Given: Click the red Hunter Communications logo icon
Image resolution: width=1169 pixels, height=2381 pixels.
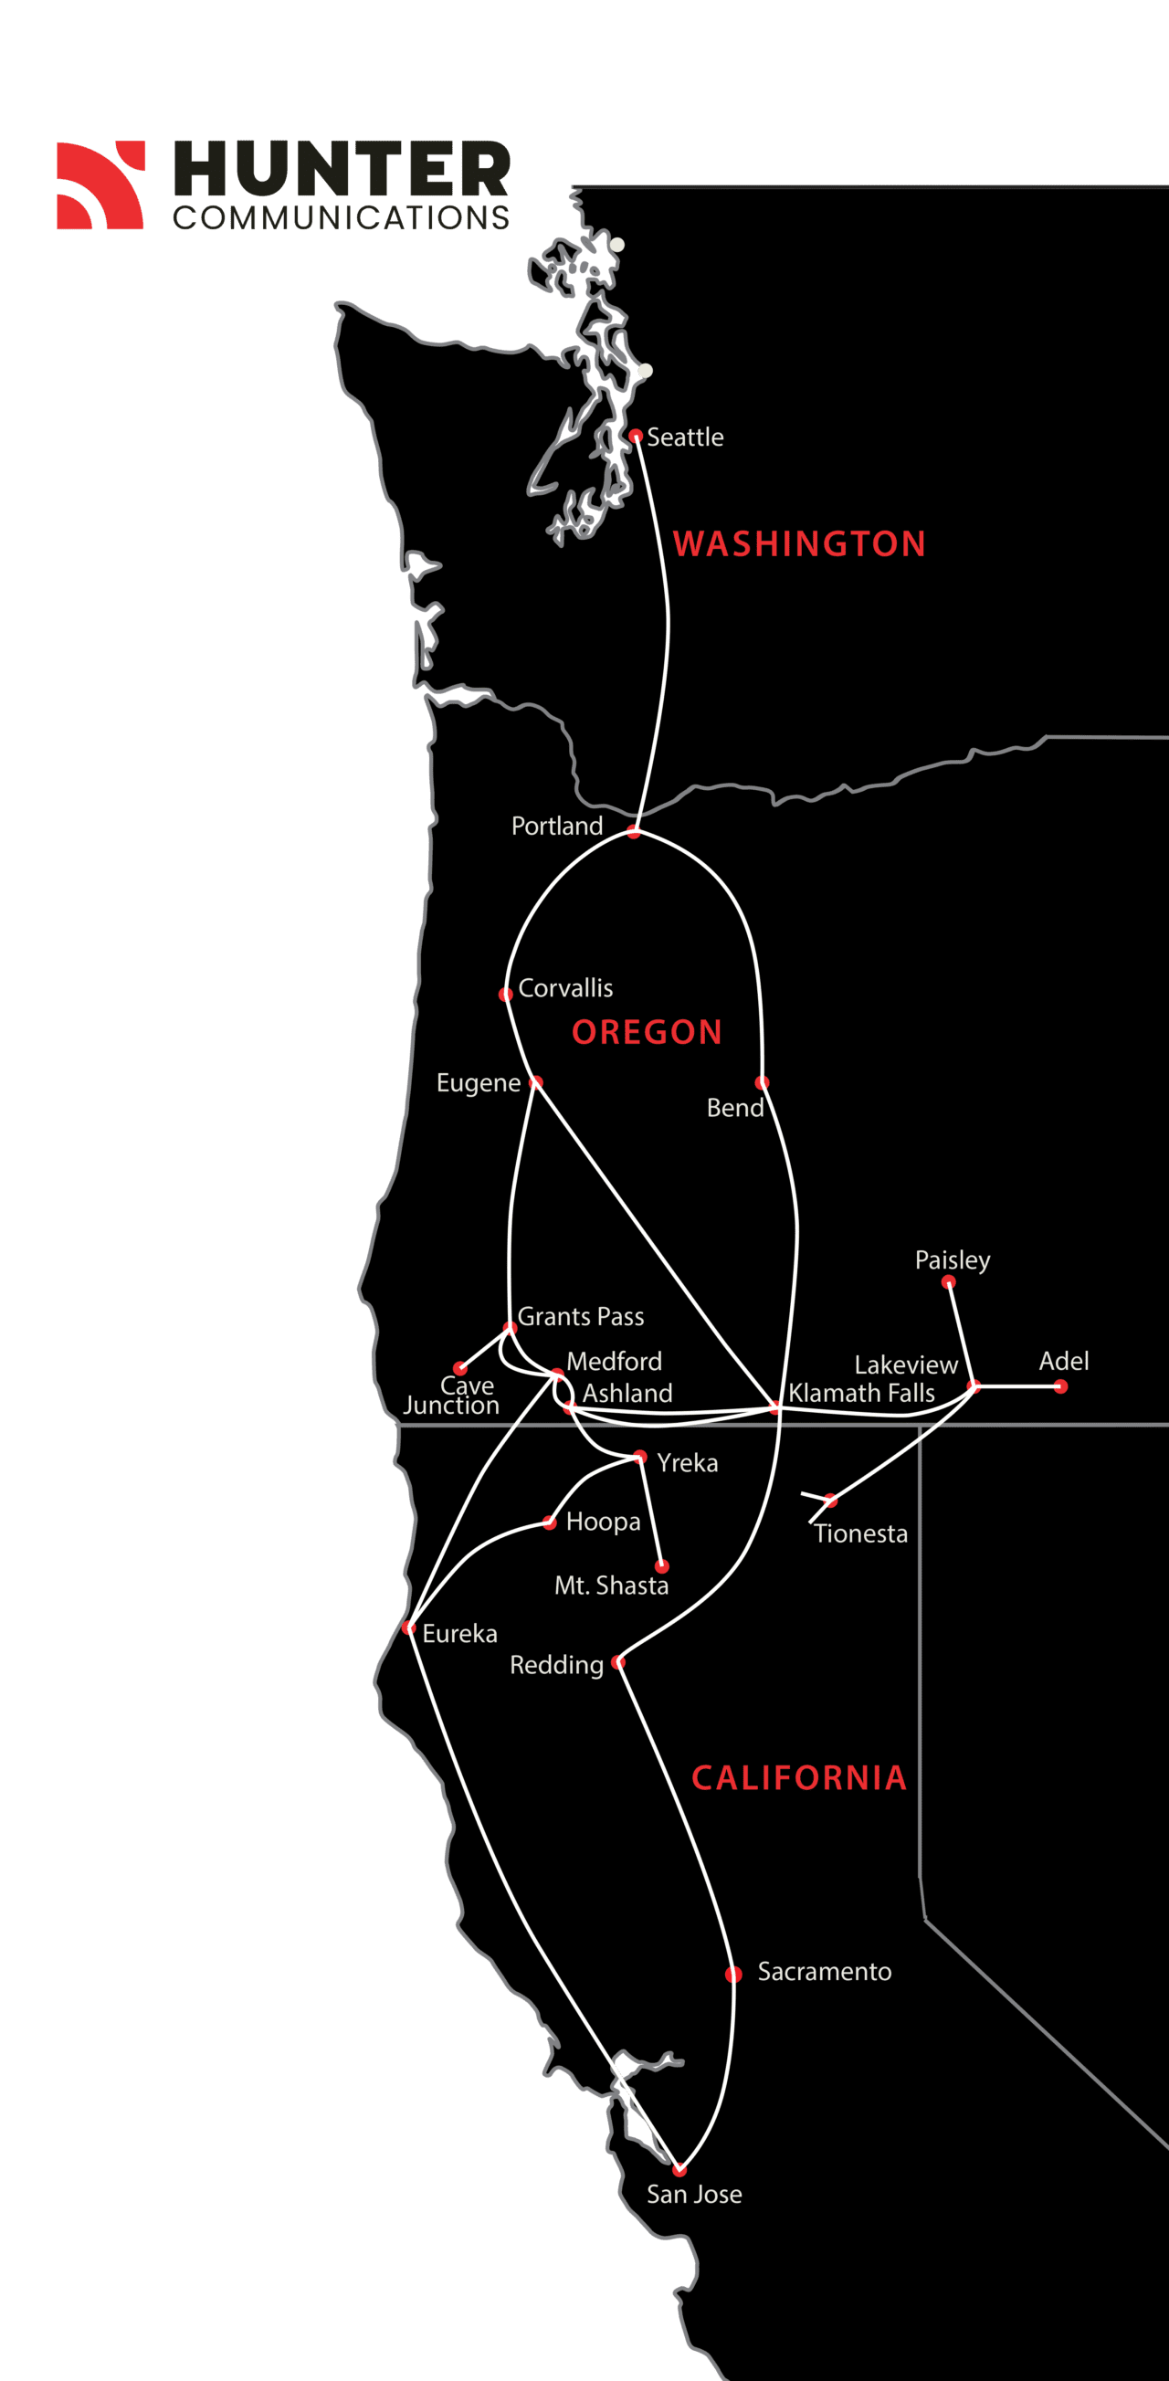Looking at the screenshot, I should point(100,184).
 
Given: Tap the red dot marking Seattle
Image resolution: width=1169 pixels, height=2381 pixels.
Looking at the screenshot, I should point(636,436).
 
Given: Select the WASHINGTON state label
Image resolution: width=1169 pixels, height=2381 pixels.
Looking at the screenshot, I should point(799,543).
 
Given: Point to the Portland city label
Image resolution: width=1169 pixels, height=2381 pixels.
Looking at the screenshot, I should point(556,826).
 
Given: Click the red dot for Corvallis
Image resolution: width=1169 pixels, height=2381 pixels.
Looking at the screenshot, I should point(505,995).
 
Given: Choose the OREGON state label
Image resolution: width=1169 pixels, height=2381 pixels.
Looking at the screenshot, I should point(647,1031).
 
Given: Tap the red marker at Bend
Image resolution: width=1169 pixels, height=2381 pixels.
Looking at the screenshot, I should point(762,1082).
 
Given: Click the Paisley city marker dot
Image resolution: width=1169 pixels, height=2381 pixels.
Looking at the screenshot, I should point(948,1282).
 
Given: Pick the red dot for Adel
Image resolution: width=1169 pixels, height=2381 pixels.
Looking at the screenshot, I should point(1061,1386).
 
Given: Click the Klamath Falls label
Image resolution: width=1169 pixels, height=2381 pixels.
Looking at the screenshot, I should point(861,1393).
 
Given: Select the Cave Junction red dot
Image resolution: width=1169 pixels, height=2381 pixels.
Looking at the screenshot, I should point(460,1368).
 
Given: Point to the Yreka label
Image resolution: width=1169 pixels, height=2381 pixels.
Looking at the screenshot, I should point(687,1462).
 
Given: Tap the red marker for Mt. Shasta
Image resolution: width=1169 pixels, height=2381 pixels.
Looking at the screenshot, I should point(661,1566).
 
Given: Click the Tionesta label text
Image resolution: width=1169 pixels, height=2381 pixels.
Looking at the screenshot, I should point(861,1533).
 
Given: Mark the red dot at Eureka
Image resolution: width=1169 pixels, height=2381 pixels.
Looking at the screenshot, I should point(409,1628).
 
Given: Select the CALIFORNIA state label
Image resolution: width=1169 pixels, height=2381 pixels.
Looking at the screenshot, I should point(799,1777).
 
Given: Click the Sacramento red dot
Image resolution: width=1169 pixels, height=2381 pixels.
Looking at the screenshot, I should point(733,1975).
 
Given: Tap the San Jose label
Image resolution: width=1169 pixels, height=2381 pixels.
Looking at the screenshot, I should point(694,2194).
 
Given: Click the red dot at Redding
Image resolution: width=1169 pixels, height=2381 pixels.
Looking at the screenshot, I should point(618,1662).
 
